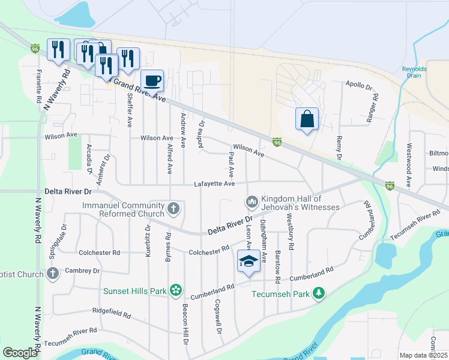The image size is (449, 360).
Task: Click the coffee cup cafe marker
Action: (x=152, y=80)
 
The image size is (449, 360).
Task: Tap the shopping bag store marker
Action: (x=307, y=119)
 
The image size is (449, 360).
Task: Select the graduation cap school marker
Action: (x=249, y=261)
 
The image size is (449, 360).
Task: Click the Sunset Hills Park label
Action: (x=134, y=291)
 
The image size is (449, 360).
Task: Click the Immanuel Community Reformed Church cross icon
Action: (x=173, y=209)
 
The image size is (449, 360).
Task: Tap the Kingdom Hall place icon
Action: (x=252, y=201)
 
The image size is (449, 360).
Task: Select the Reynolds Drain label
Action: (x=414, y=73)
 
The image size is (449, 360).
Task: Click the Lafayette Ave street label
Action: (x=214, y=184)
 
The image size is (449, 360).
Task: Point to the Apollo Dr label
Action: (x=359, y=86)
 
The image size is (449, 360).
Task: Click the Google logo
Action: (x=20, y=353)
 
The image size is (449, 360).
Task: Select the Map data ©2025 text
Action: (x=424, y=355)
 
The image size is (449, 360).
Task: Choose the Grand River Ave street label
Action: (x=139, y=89)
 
